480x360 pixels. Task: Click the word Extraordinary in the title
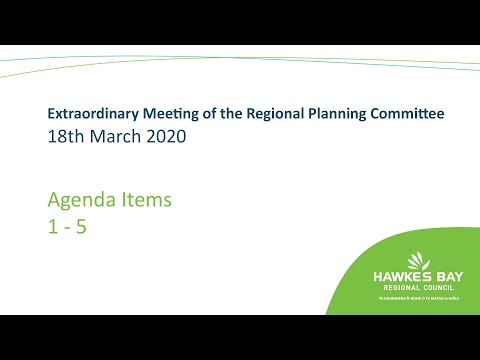click(x=92, y=114)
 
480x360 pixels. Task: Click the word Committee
click(x=406, y=114)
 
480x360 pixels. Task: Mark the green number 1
click(x=52, y=226)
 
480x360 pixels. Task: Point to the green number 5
click(x=82, y=226)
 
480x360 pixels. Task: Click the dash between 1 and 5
click(x=67, y=227)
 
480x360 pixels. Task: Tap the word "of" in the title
click(x=214, y=114)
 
